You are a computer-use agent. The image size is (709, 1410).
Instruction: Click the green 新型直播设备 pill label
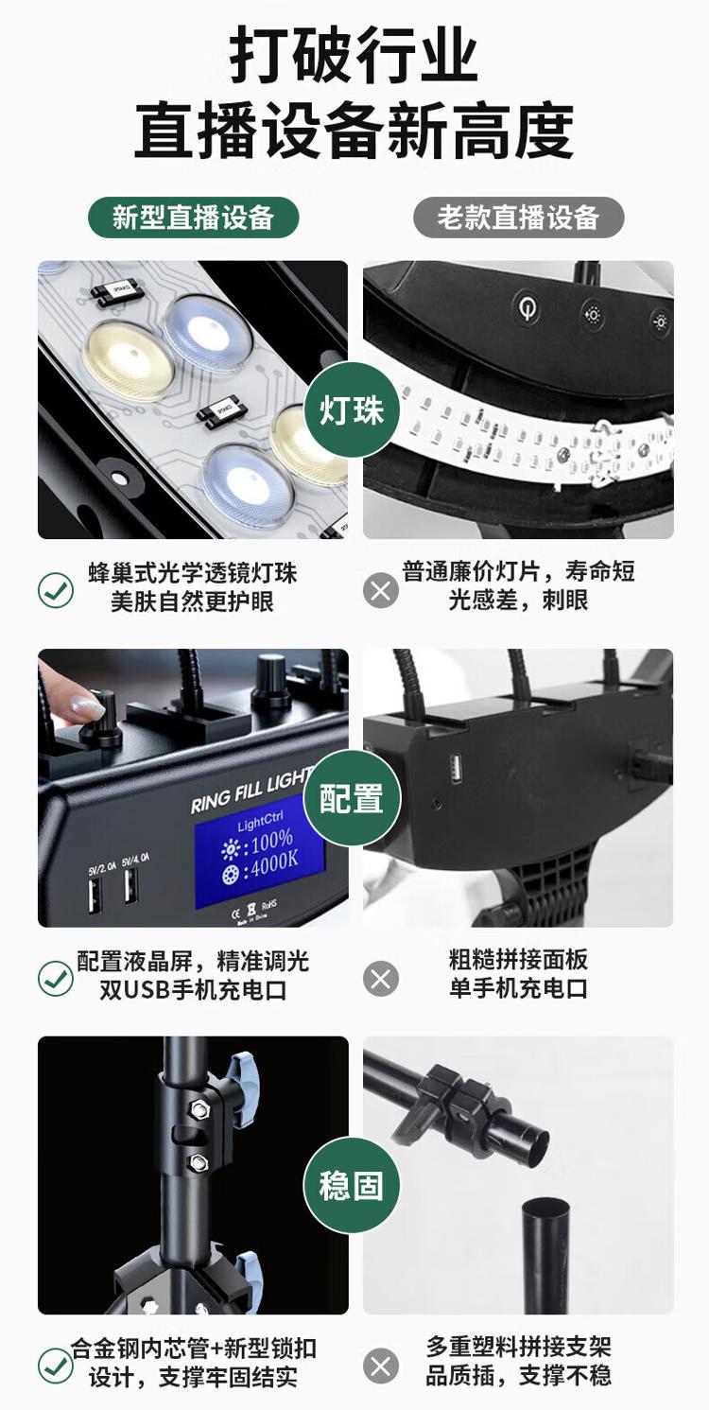(193, 218)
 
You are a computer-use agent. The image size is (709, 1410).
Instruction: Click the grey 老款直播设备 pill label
(518, 218)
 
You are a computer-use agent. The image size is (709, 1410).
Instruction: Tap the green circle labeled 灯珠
(352, 410)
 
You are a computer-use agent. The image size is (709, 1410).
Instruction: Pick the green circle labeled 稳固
(352, 1185)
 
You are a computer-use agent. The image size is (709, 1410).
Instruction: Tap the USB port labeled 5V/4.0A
(130, 886)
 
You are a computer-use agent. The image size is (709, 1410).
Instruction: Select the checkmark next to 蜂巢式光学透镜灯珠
(56, 590)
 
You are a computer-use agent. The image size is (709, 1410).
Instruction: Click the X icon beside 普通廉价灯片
(381, 590)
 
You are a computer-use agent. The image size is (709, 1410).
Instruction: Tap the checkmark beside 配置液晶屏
(56, 978)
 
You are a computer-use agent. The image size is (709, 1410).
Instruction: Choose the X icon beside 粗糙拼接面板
(381, 979)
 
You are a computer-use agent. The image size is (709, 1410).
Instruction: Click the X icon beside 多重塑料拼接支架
(381, 1366)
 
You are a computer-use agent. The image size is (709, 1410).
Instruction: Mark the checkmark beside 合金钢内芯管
(56, 1366)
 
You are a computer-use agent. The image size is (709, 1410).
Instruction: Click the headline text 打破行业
(354, 55)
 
